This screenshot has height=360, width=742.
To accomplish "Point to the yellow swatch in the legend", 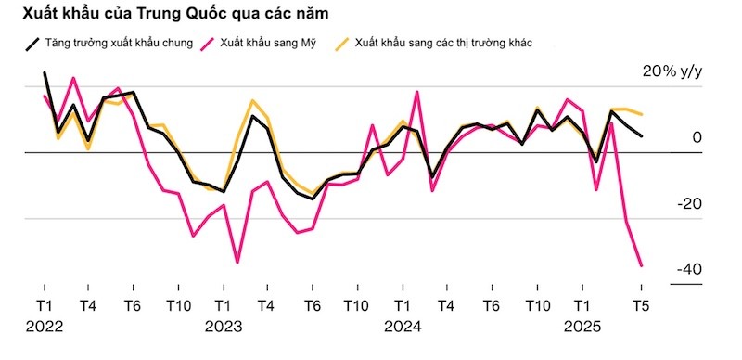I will point(343,43).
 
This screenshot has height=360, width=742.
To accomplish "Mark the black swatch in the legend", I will point(32,43).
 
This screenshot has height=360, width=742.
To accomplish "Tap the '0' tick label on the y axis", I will point(697,138).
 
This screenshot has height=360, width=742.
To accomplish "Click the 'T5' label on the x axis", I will point(640,305).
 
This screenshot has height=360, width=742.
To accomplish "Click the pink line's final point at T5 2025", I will point(641,265).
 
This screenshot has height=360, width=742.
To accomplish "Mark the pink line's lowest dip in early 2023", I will point(237,263).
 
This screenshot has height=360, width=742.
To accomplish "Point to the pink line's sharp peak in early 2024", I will point(417,92).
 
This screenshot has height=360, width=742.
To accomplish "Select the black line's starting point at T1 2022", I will point(44,72).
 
